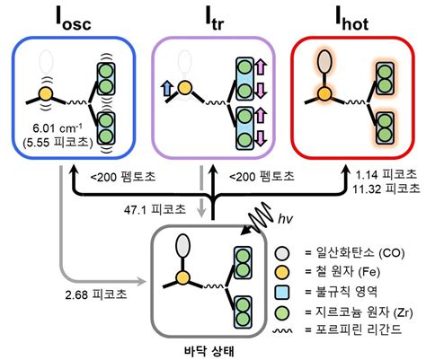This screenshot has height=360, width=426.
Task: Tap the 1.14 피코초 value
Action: point(387,176)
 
